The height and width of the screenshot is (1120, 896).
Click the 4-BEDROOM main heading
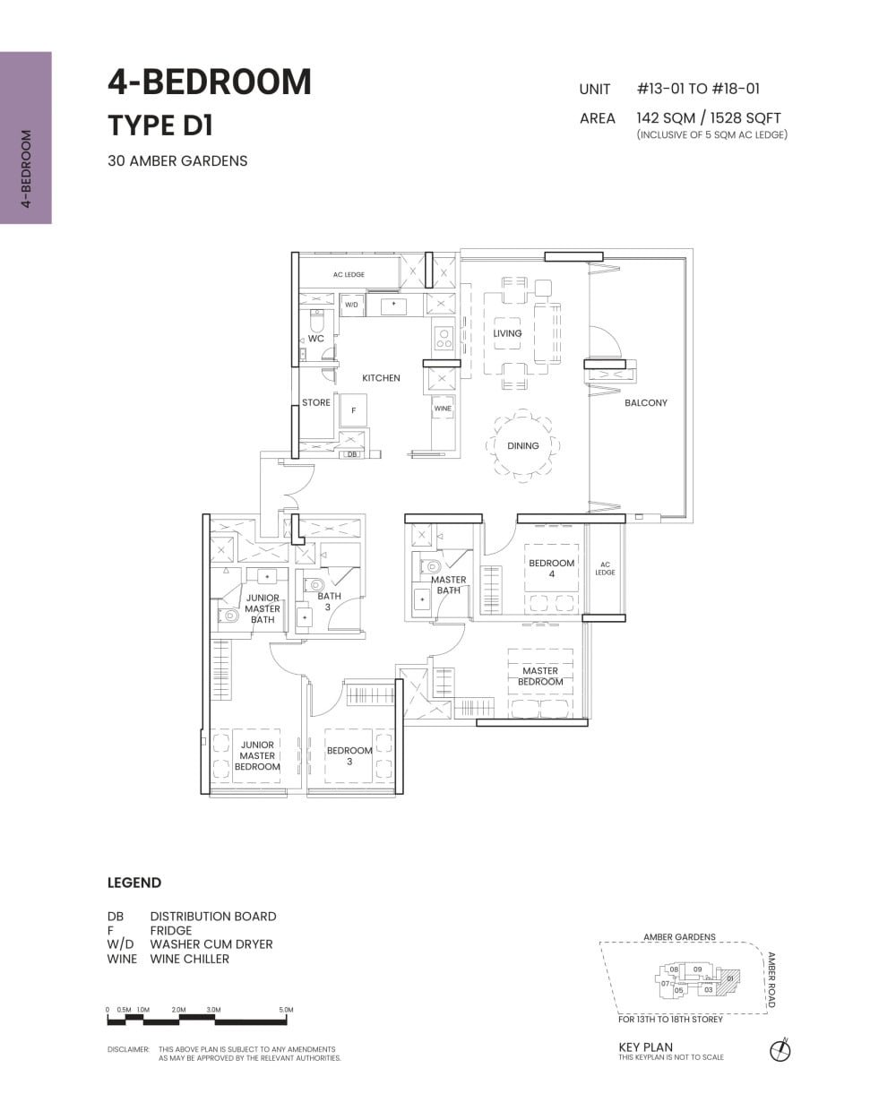pos(210,82)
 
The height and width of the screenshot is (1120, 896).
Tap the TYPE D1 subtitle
pos(160,126)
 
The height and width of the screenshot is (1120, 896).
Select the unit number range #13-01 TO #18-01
pos(698,89)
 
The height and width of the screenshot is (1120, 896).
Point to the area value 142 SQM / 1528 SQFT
pos(708,117)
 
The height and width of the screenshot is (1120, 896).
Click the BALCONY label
pos(645,403)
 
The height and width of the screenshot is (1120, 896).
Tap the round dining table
pos(523,445)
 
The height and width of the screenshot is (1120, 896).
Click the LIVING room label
pos(507,333)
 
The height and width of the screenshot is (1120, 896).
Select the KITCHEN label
pos(381,378)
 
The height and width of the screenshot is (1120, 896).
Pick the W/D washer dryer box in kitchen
pos(351,306)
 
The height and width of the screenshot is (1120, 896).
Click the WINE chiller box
pos(443,409)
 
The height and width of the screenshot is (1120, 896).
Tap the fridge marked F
pos(354,410)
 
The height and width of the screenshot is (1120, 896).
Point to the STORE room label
pos(315,403)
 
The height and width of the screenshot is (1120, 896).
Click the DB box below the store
pos(352,454)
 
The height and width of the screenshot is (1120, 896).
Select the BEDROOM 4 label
pos(551,568)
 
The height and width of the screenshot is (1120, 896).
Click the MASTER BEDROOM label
pos(540,676)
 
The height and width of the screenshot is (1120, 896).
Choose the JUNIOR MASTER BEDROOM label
pos(257,755)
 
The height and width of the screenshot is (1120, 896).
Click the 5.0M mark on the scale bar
pos(286,1010)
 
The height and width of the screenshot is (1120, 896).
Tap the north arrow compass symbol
pos(780,1050)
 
